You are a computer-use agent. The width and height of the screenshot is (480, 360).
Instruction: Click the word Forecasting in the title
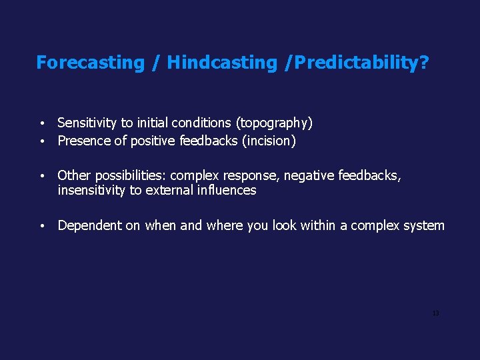click(90, 63)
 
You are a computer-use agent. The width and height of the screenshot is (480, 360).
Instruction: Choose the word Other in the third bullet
click(74, 175)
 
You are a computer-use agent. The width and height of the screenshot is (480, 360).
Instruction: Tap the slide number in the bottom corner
click(435, 313)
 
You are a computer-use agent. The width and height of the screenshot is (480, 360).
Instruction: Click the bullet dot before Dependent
click(42, 226)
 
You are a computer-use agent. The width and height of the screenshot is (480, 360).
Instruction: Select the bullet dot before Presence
click(42, 141)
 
